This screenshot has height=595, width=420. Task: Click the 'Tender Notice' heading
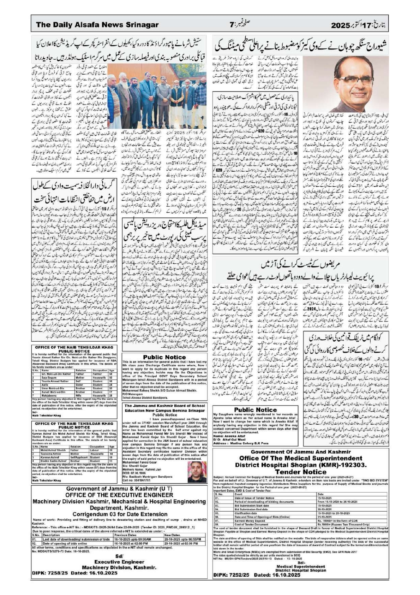point(301,472)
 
